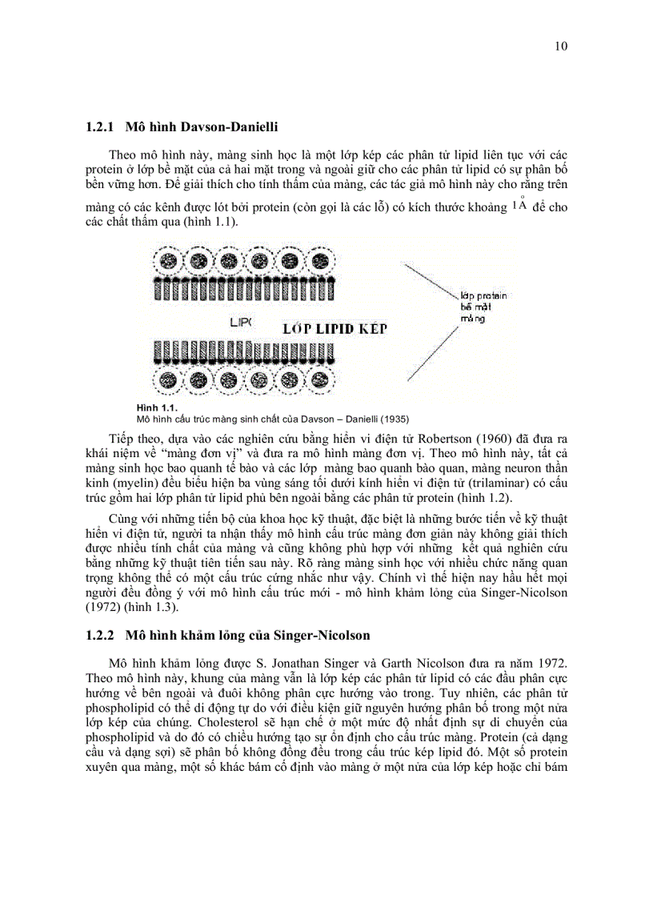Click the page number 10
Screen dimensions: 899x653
(x=560, y=46)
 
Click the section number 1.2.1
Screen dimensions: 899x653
(x=101, y=126)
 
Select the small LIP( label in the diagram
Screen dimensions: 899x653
(x=240, y=322)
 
